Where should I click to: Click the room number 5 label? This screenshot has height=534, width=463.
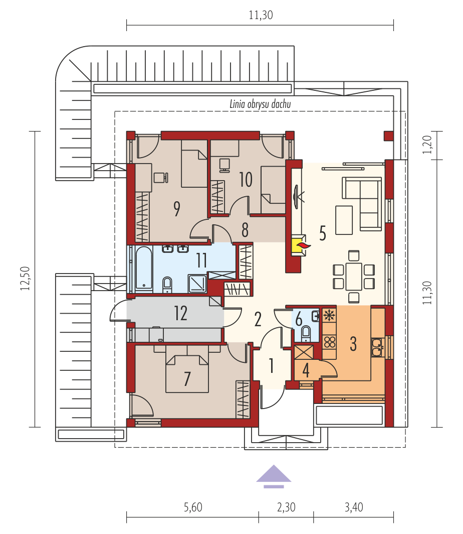tap(323, 233)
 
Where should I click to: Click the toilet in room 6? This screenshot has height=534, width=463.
tap(306, 332)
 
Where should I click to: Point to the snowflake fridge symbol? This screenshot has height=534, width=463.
tap(329, 316)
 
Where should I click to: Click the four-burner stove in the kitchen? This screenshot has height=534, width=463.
tap(329, 342)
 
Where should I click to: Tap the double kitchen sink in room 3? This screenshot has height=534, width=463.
tap(378, 347)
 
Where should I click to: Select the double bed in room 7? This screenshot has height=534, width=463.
tap(187, 373)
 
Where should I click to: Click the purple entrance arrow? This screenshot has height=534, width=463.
tap(274, 476)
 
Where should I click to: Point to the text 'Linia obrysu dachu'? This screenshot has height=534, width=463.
tap(260, 104)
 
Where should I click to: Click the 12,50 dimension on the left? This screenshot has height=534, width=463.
tap(26, 278)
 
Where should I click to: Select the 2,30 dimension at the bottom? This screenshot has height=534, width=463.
tap(286, 507)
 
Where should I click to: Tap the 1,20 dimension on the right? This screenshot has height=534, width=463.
tap(427, 145)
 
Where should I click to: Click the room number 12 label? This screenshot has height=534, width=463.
tap(180, 313)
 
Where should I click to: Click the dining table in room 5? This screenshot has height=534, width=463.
tap(354, 276)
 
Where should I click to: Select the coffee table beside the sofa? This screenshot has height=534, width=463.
tap(344, 220)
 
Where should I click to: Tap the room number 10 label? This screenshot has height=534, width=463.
tap(246, 180)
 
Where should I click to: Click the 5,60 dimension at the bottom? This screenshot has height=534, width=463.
tap(193, 507)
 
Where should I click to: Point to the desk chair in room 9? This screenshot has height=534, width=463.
tap(160, 178)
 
